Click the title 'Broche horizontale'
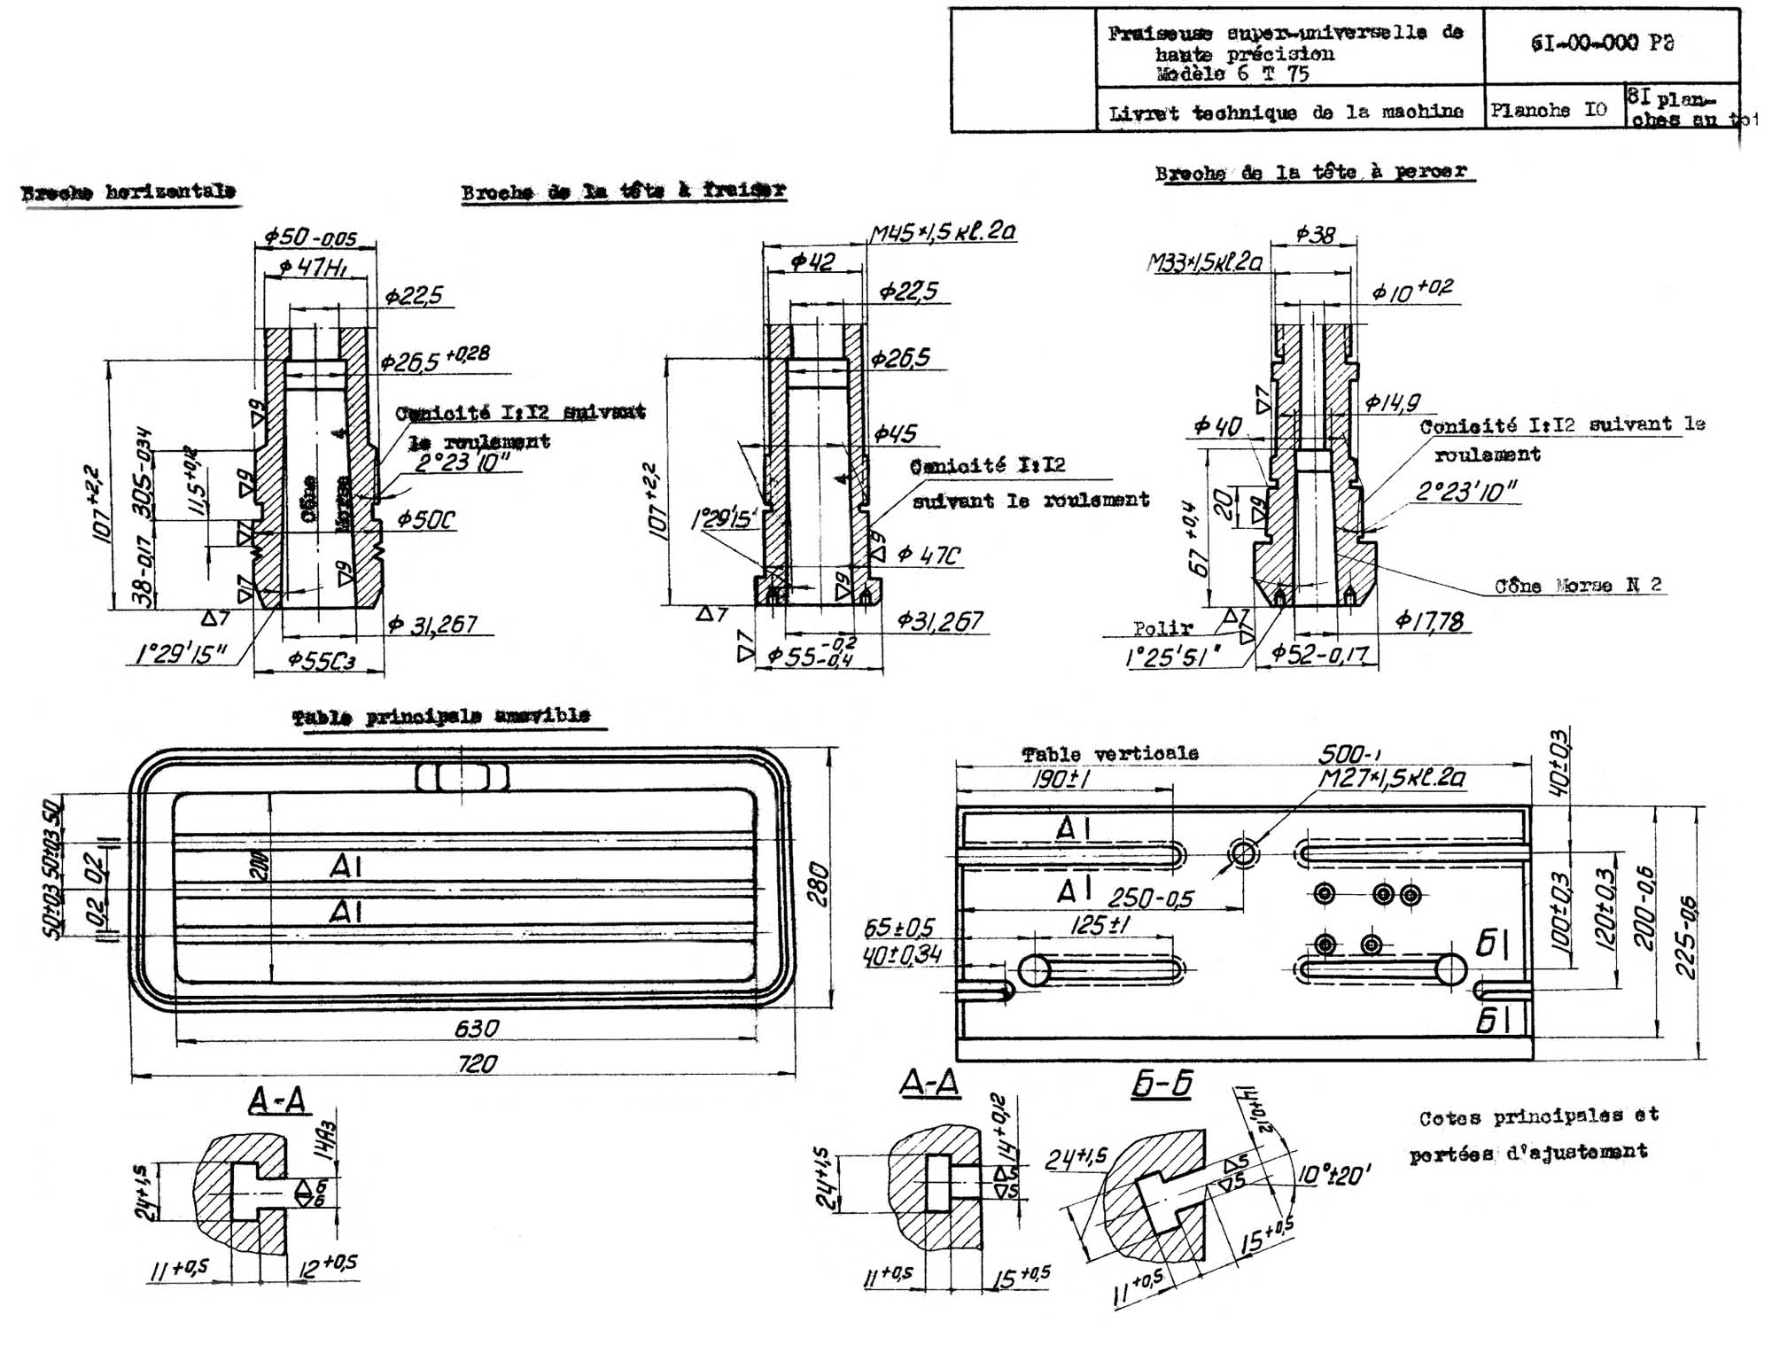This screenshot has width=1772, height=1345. pyautogui.click(x=129, y=192)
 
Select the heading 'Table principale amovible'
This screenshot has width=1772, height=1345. pyautogui.click(x=441, y=716)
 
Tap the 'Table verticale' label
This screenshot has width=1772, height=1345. pyautogui.click(x=1110, y=754)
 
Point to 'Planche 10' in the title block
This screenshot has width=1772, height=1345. pyautogui.click(x=1548, y=111)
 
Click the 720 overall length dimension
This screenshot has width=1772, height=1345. pyautogui.click(x=477, y=1063)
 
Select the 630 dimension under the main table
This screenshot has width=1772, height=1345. pyautogui.click(x=477, y=1029)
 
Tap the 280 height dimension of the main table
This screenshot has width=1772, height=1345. pyautogui.click(x=818, y=883)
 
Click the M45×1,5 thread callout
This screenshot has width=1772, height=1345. pyautogui.click(x=942, y=232)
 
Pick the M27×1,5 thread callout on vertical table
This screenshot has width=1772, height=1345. pyautogui.click(x=1391, y=779)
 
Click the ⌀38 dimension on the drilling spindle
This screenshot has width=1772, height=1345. pyautogui.click(x=1315, y=234)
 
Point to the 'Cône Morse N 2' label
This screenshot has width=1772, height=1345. pyautogui.click(x=1578, y=586)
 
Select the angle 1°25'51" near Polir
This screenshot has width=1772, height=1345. pyautogui.click(x=1171, y=657)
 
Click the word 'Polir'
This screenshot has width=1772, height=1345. pyautogui.click(x=1162, y=628)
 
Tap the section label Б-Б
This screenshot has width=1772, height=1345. pyautogui.click(x=1162, y=1084)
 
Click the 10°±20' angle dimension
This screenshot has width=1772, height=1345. pyautogui.click(x=1334, y=1177)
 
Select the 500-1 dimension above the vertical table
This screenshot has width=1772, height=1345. pyautogui.click(x=1348, y=754)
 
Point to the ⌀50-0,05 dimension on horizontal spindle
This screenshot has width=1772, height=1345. pyautogui.click(x=310, y=237)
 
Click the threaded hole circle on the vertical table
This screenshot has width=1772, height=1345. pyautogui.click(x=1243, y=855)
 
